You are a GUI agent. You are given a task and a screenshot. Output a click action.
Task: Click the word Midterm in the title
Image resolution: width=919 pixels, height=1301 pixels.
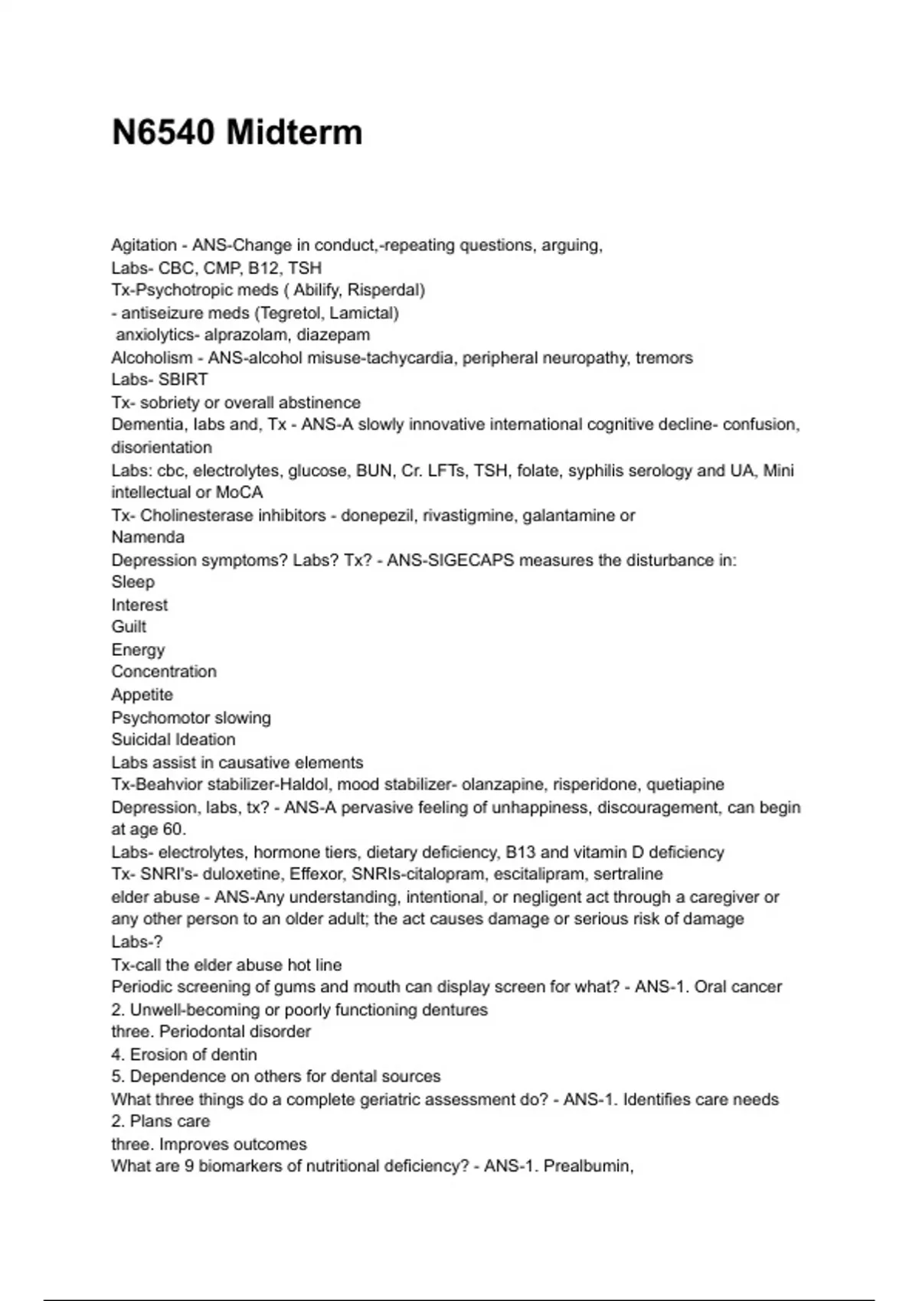[294, 132]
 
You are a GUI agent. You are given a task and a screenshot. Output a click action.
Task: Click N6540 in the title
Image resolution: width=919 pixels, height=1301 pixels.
[163, 132]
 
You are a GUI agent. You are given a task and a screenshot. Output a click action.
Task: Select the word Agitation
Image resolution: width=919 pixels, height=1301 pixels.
[144, 246]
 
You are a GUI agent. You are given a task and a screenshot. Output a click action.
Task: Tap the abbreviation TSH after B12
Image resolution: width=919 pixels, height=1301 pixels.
[305, 268]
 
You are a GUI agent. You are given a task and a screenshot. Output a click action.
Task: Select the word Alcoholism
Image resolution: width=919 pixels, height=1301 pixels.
[152, 358]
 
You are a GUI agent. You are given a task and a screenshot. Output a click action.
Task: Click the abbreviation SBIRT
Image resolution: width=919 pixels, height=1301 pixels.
[183, 380]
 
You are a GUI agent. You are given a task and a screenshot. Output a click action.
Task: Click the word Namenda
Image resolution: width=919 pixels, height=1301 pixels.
[148, 537]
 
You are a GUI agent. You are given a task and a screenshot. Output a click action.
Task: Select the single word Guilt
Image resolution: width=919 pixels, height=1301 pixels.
[129, 627]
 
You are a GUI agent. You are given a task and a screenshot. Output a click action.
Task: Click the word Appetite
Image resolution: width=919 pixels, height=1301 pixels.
[142, 695]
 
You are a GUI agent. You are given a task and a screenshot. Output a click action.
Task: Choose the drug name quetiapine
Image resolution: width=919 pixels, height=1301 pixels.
[685, 784]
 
